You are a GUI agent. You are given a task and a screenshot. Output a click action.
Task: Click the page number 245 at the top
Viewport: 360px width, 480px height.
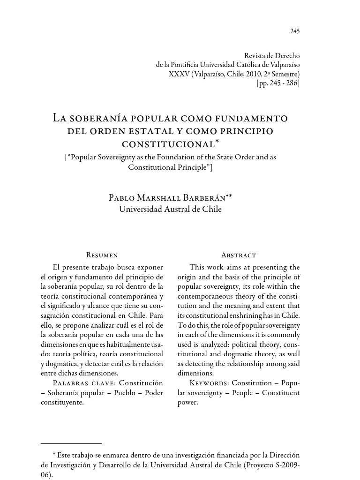[295, 31]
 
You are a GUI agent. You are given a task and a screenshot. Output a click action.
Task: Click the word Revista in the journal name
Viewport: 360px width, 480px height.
[257, 56]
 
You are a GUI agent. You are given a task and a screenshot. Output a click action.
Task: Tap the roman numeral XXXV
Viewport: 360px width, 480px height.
[179, 74]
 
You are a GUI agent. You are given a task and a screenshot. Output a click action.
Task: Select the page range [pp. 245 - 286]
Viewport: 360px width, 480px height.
[278, 83]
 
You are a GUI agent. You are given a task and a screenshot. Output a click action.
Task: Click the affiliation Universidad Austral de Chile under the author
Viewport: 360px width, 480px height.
[170, 209]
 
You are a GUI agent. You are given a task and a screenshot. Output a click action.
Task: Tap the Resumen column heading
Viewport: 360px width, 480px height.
[102, 255]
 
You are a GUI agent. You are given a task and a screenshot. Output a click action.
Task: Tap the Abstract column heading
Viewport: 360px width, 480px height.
[239, 255]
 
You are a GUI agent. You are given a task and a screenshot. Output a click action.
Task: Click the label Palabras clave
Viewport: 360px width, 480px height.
[76, 383]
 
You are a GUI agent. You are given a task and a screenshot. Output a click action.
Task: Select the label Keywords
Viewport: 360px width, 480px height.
[209, 383]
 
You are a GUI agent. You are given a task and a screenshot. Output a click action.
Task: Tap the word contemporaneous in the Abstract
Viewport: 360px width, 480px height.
[205, 296]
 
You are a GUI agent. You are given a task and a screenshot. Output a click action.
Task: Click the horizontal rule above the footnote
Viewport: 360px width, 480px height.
[71, 443]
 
